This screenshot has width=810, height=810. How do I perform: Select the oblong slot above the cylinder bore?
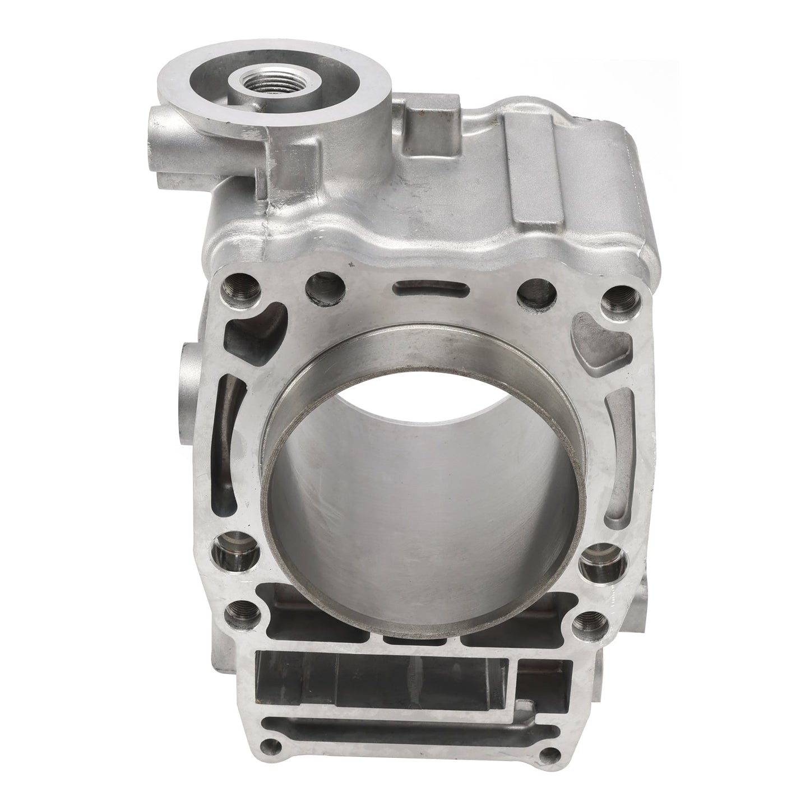420,291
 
